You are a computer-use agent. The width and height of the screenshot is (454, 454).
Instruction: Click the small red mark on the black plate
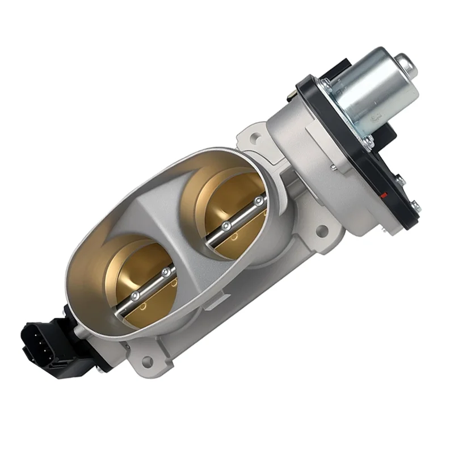(385, 196)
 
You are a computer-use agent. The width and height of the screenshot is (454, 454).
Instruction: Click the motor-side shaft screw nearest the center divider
(225, 226)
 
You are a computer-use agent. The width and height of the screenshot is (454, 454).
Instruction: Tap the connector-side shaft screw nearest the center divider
(166, 273)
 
